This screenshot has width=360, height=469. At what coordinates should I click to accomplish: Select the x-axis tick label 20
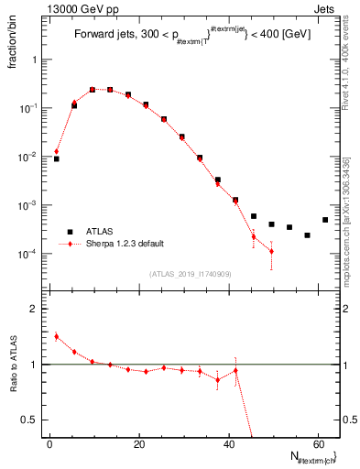137,444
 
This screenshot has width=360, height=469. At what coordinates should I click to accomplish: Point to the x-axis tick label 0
49,444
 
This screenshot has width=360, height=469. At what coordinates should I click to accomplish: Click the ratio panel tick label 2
32,310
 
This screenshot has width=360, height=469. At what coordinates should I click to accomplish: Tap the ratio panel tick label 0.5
28,420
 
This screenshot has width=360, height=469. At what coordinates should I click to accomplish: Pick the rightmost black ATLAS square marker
325,220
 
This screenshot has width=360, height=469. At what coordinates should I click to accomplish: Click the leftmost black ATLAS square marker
56,158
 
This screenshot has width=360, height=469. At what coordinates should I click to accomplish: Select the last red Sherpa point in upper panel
271,251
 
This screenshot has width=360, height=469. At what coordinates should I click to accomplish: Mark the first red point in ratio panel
56,336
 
